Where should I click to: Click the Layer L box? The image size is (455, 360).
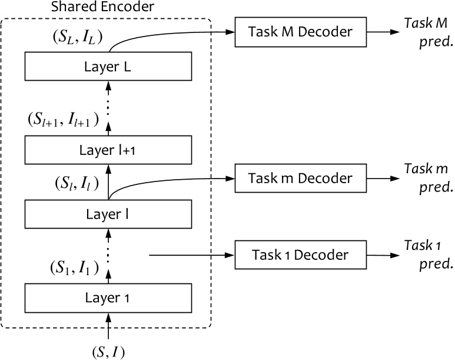click(108, 67)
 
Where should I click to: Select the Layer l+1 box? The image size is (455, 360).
click(108, 150)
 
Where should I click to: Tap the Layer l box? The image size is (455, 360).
click(108, 214)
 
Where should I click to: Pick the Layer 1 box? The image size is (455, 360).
click(108, 298)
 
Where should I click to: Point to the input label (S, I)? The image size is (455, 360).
click(108, 352)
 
